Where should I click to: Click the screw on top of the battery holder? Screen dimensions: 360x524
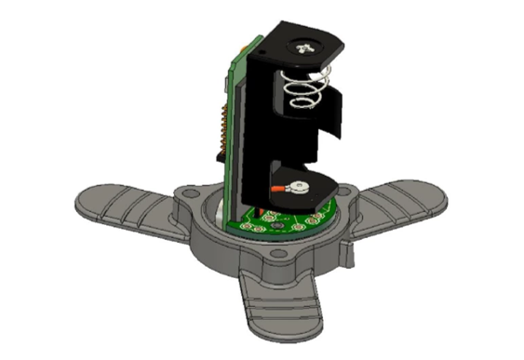(x=304, y=45)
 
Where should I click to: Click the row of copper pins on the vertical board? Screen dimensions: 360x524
(x=223, y=130)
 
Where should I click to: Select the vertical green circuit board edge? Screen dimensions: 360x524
(x=235, y=112)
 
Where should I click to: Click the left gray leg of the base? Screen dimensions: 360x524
(x=121, y=205)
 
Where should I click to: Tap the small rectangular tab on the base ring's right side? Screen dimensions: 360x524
(x=347, y=249)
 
